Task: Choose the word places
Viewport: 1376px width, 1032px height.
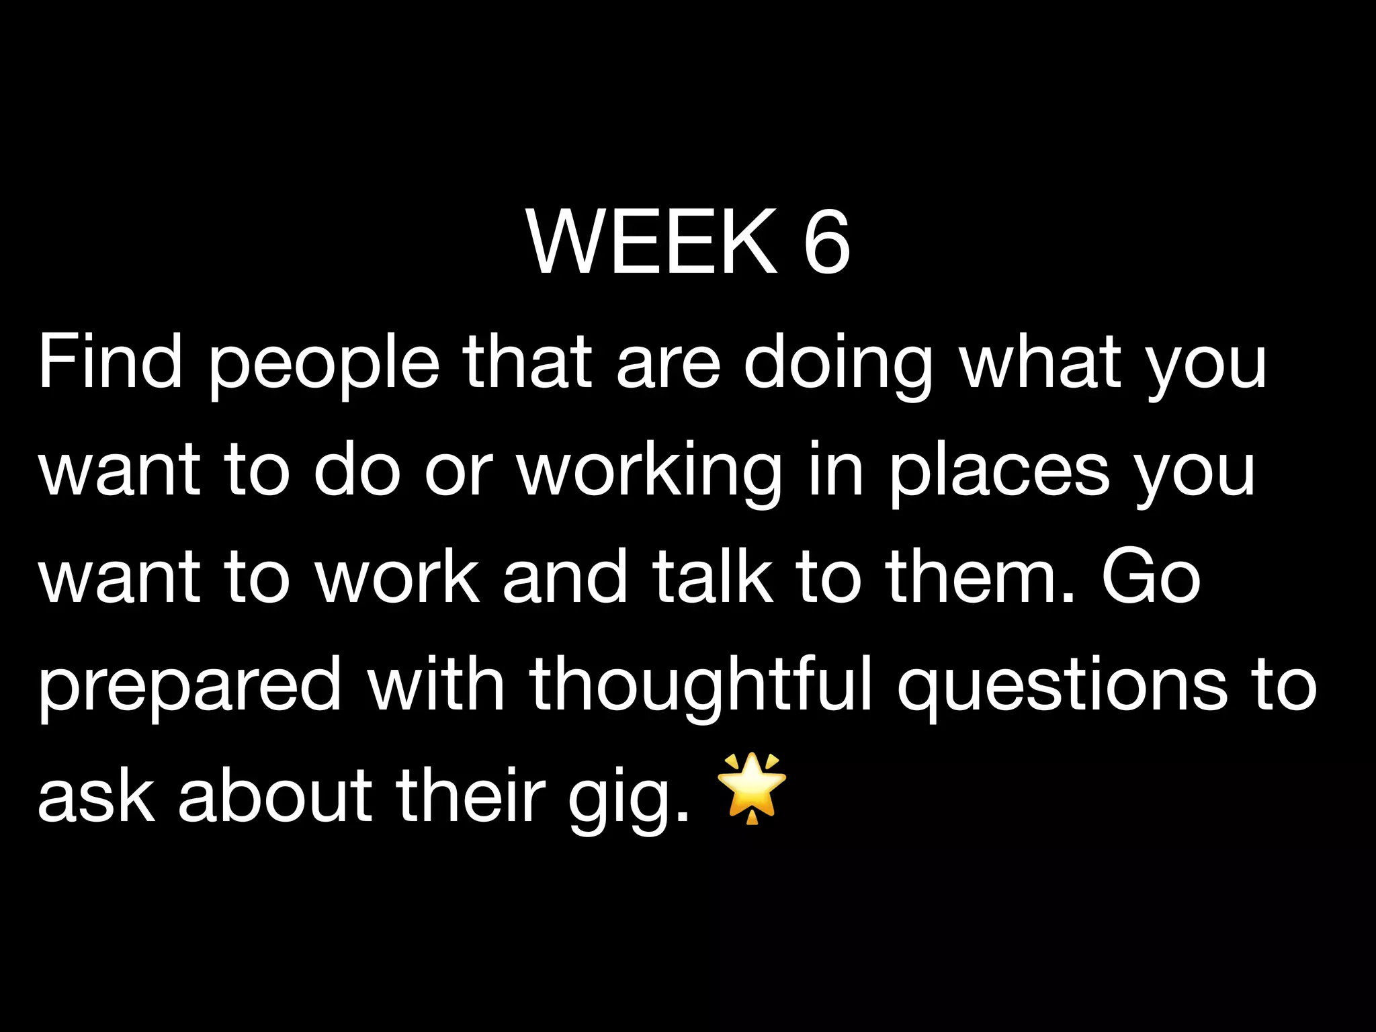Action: tap(1000, 474)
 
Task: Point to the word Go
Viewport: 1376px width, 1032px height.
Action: tap(1150, 576)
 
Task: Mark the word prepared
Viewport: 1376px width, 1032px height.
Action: tap(190, 689)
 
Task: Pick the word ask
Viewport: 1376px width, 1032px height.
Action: tap(96, 796)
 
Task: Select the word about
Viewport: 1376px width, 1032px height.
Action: tap(275, 796)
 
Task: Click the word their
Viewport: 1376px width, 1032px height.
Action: tap(470, 796)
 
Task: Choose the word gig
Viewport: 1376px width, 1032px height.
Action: tap(629, 800)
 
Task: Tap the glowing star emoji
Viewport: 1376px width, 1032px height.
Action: tap(752, 788)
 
